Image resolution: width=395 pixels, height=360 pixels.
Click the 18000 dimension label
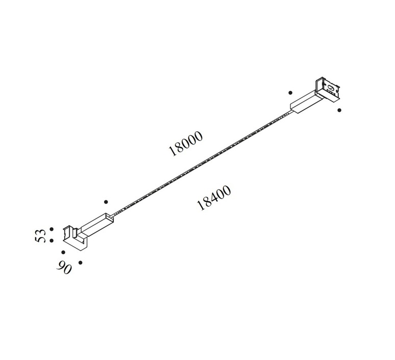pos(185,143)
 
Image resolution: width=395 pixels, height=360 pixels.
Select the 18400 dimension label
pos(214,198)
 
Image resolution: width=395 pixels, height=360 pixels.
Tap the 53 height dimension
pos(40,236)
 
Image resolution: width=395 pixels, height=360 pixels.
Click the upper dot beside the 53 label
pos(52,229)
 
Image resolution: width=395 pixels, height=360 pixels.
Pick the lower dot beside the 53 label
pos(52,241)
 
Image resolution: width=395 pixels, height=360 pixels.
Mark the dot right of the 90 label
pos(80,262)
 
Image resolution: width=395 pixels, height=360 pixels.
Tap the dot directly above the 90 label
pos(63,252)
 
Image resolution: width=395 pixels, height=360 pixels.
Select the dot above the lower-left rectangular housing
pos(106,202)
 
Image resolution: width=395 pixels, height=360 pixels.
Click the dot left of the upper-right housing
pos(290,93)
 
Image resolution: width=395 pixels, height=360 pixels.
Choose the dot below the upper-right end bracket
pos(339,110)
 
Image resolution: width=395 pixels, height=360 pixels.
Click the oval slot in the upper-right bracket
pos(331,88)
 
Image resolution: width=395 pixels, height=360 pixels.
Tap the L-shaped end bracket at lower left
pos(75,238)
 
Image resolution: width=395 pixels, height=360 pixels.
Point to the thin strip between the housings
pos(202,163)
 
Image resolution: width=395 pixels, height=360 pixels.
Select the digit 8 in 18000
pos(179,147)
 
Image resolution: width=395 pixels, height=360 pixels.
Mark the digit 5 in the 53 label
pos(40,239)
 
